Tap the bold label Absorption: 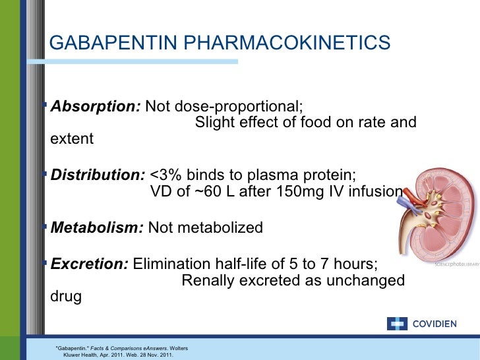point(96,106)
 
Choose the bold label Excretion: point(90,264)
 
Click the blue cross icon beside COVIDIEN point(398,324)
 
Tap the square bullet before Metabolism point(44,227)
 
